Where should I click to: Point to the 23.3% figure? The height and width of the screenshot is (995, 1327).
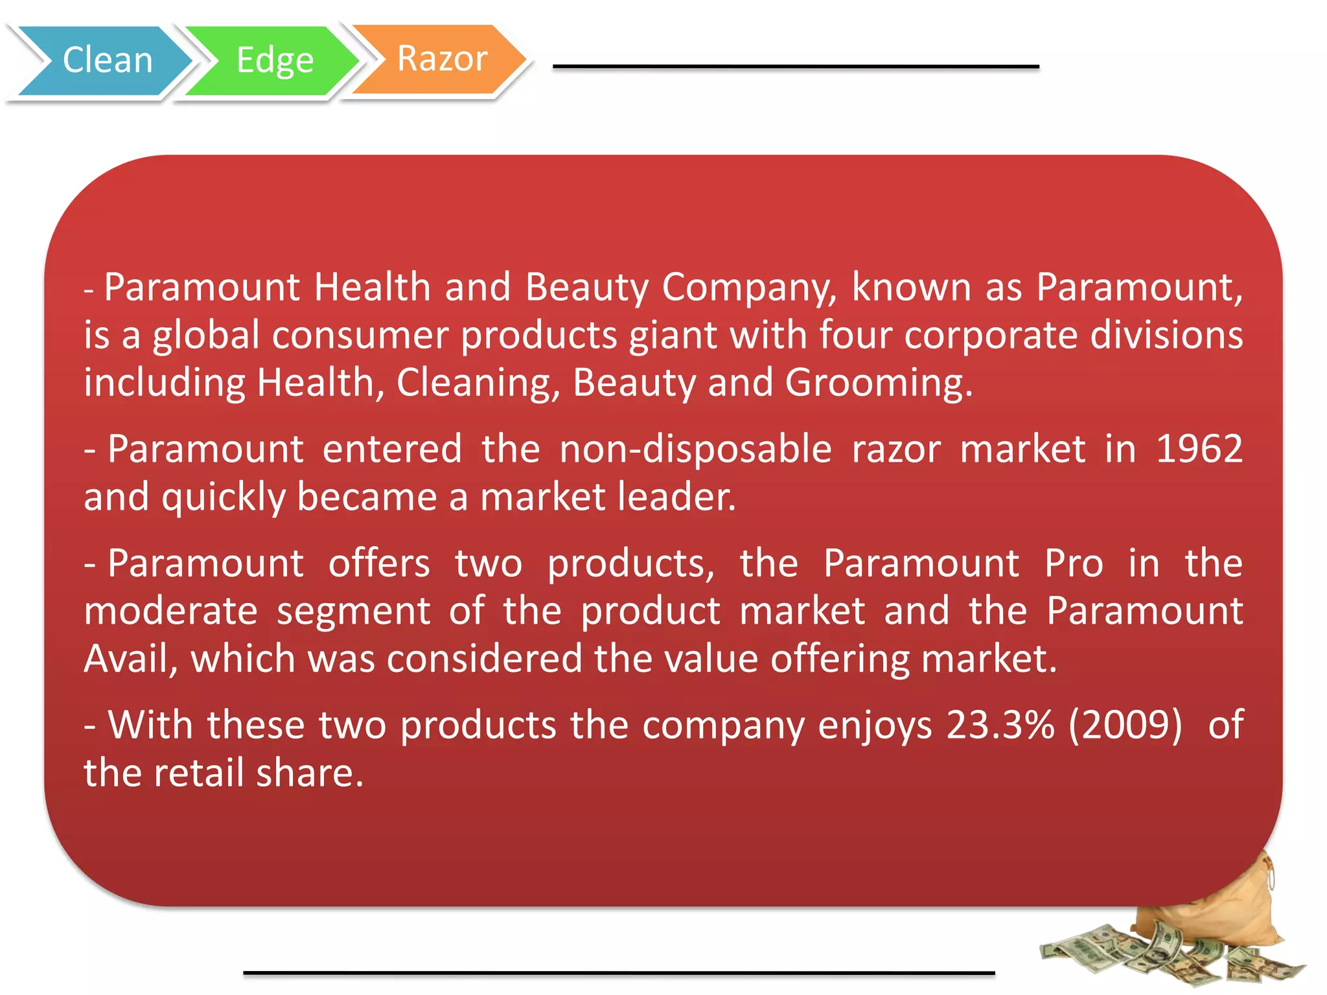(x=1000, y=725)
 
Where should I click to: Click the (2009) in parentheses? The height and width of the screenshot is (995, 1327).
(x=1125, y=725)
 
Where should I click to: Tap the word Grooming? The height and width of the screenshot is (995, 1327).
(x=879, y=383)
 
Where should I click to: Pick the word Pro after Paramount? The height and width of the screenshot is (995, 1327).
(x=1074, y=564)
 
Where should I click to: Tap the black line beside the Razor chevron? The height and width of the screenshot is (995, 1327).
(x=796, y=67)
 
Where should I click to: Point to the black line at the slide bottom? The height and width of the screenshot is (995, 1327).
(x=619, y=972)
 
